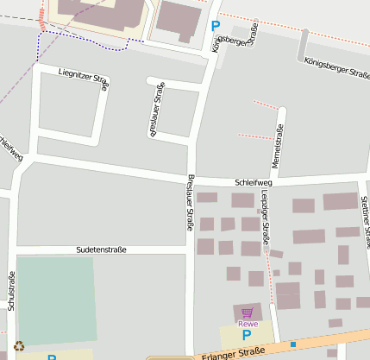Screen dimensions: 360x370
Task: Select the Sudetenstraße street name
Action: (101, 249)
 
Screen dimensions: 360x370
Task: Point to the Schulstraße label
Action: (11, 291)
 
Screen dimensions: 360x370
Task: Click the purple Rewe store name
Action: (248, 324)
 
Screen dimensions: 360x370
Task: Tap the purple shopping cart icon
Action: (248, 313)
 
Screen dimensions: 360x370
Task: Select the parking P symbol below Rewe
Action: (247, 335)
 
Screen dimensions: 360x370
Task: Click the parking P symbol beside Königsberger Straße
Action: (215, 26)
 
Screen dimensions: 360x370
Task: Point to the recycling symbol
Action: (19, 346)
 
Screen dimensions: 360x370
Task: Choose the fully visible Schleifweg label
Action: (254, 183)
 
